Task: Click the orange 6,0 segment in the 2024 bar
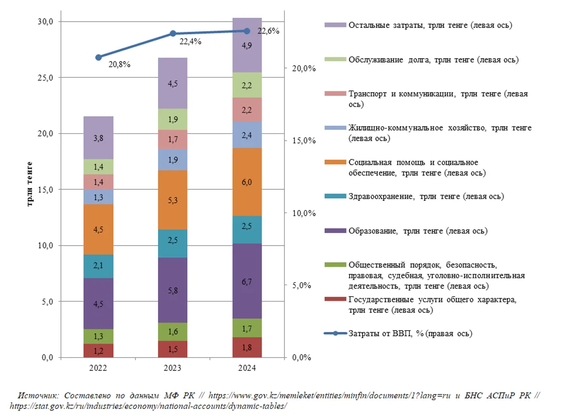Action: pos(246,182)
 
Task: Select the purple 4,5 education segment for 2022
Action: pos(98,303)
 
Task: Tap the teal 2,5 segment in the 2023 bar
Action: pos(172,243)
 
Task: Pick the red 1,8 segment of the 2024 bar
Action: pos(246,347)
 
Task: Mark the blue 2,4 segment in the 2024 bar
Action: pos(246,134)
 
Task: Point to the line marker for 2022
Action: pos(98,57)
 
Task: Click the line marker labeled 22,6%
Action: pos(246,31)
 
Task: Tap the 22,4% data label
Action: pos(190,42)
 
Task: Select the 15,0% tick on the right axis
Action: pos(304,141)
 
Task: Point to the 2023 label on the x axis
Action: pos(172,368)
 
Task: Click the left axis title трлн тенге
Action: pos(30,184)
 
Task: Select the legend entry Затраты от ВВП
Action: pos(410,333)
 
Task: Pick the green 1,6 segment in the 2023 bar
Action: pos(172,331)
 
